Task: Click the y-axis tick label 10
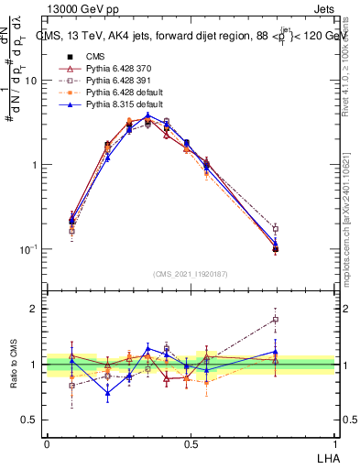tap(30, 81)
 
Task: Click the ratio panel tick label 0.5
tap(29, 420)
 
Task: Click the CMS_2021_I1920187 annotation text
tap(190, 273)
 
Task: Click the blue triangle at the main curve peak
tap(148, 115)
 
